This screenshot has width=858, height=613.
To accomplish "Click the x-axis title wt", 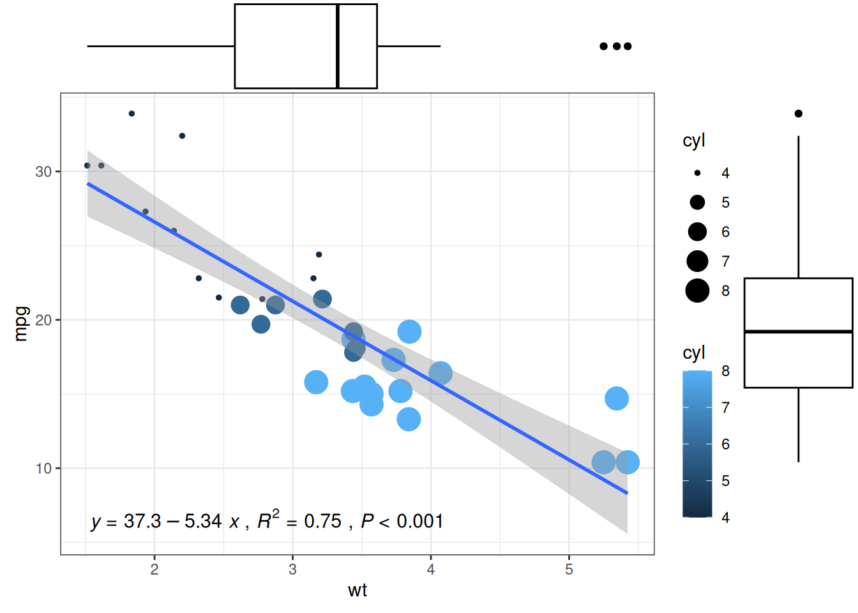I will click(x=357, y=590).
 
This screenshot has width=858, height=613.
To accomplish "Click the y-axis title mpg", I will click(x=21, y=324).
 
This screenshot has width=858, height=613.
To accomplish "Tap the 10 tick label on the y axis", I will click(x=43, y=469).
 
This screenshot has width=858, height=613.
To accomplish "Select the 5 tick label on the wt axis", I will click(x=569, y=570).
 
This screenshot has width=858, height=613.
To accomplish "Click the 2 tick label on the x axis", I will click(x=154, y=570).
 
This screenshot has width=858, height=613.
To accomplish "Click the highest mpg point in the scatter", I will click(x=132, y=114).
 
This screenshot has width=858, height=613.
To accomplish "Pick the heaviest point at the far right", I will click(x=628, y=462).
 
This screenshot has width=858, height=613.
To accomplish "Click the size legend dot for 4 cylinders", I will click(x=697, y=173).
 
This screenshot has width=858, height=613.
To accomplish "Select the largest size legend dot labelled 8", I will click(x=697, y=291).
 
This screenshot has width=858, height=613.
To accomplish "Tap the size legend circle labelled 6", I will click(x=697, y=232).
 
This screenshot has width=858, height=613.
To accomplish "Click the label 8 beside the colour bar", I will click(x=725, y=371).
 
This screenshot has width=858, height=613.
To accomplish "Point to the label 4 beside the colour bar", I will click(x=725, y=517).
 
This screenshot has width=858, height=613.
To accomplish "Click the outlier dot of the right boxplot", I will click(x=799, y=114).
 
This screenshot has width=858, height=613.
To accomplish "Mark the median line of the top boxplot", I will click(x=338, y=46).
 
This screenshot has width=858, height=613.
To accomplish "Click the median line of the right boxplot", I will click(x=799, y=331).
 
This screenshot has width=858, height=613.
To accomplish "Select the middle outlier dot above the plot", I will click(x=617, y=46).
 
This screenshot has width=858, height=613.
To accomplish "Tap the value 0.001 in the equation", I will click(x=420, y=521).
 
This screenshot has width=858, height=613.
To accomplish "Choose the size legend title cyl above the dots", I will click(x=694, y=140).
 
